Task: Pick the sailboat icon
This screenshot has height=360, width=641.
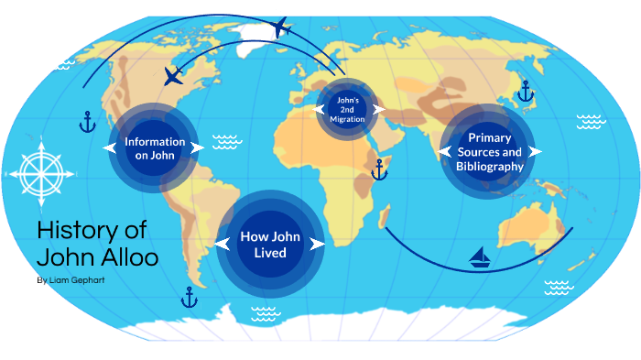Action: tap(480, 257)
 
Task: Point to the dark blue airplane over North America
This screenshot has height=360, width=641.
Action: tap(172, 74)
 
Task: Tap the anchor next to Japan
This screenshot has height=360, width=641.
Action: tap(525, 91)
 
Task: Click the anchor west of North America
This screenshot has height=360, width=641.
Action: tap(86, 121)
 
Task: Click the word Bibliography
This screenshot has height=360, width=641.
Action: tap(489, 167)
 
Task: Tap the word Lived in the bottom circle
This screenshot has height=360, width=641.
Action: tap(271, 253)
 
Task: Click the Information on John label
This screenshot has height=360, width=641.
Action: tap(161, 148)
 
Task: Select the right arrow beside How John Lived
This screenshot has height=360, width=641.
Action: tap(318, 245)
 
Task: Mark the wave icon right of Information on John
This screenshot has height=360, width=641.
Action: tap(225, 142)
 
